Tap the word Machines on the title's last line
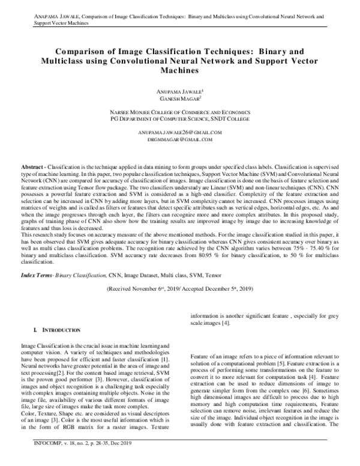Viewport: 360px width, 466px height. pyautogui.click(x=179, y=70)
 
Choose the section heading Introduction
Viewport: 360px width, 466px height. pyautogui.click(x=59, y=330)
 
